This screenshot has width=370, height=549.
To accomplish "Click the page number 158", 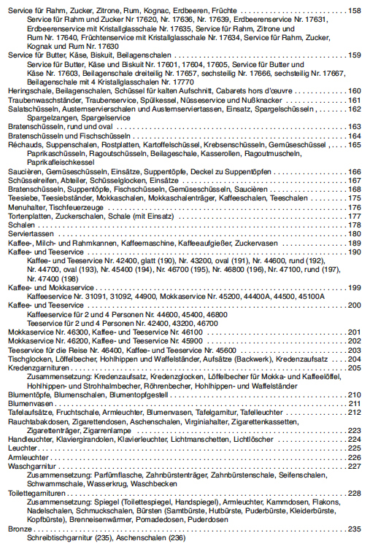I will [x=355, y=11].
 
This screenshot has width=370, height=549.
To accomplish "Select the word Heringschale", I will [x=26, y=91].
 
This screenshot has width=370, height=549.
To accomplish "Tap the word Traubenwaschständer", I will [x=42, y=100].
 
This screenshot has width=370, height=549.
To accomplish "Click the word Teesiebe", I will [x=22, y=198].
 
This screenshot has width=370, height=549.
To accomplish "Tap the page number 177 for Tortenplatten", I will [x=355, y=216].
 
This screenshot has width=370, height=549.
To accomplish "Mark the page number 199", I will [x=355, y=287].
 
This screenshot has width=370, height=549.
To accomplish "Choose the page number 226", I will [x=355, y=457].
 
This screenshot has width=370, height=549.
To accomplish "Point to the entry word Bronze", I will [x=19, y=528].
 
